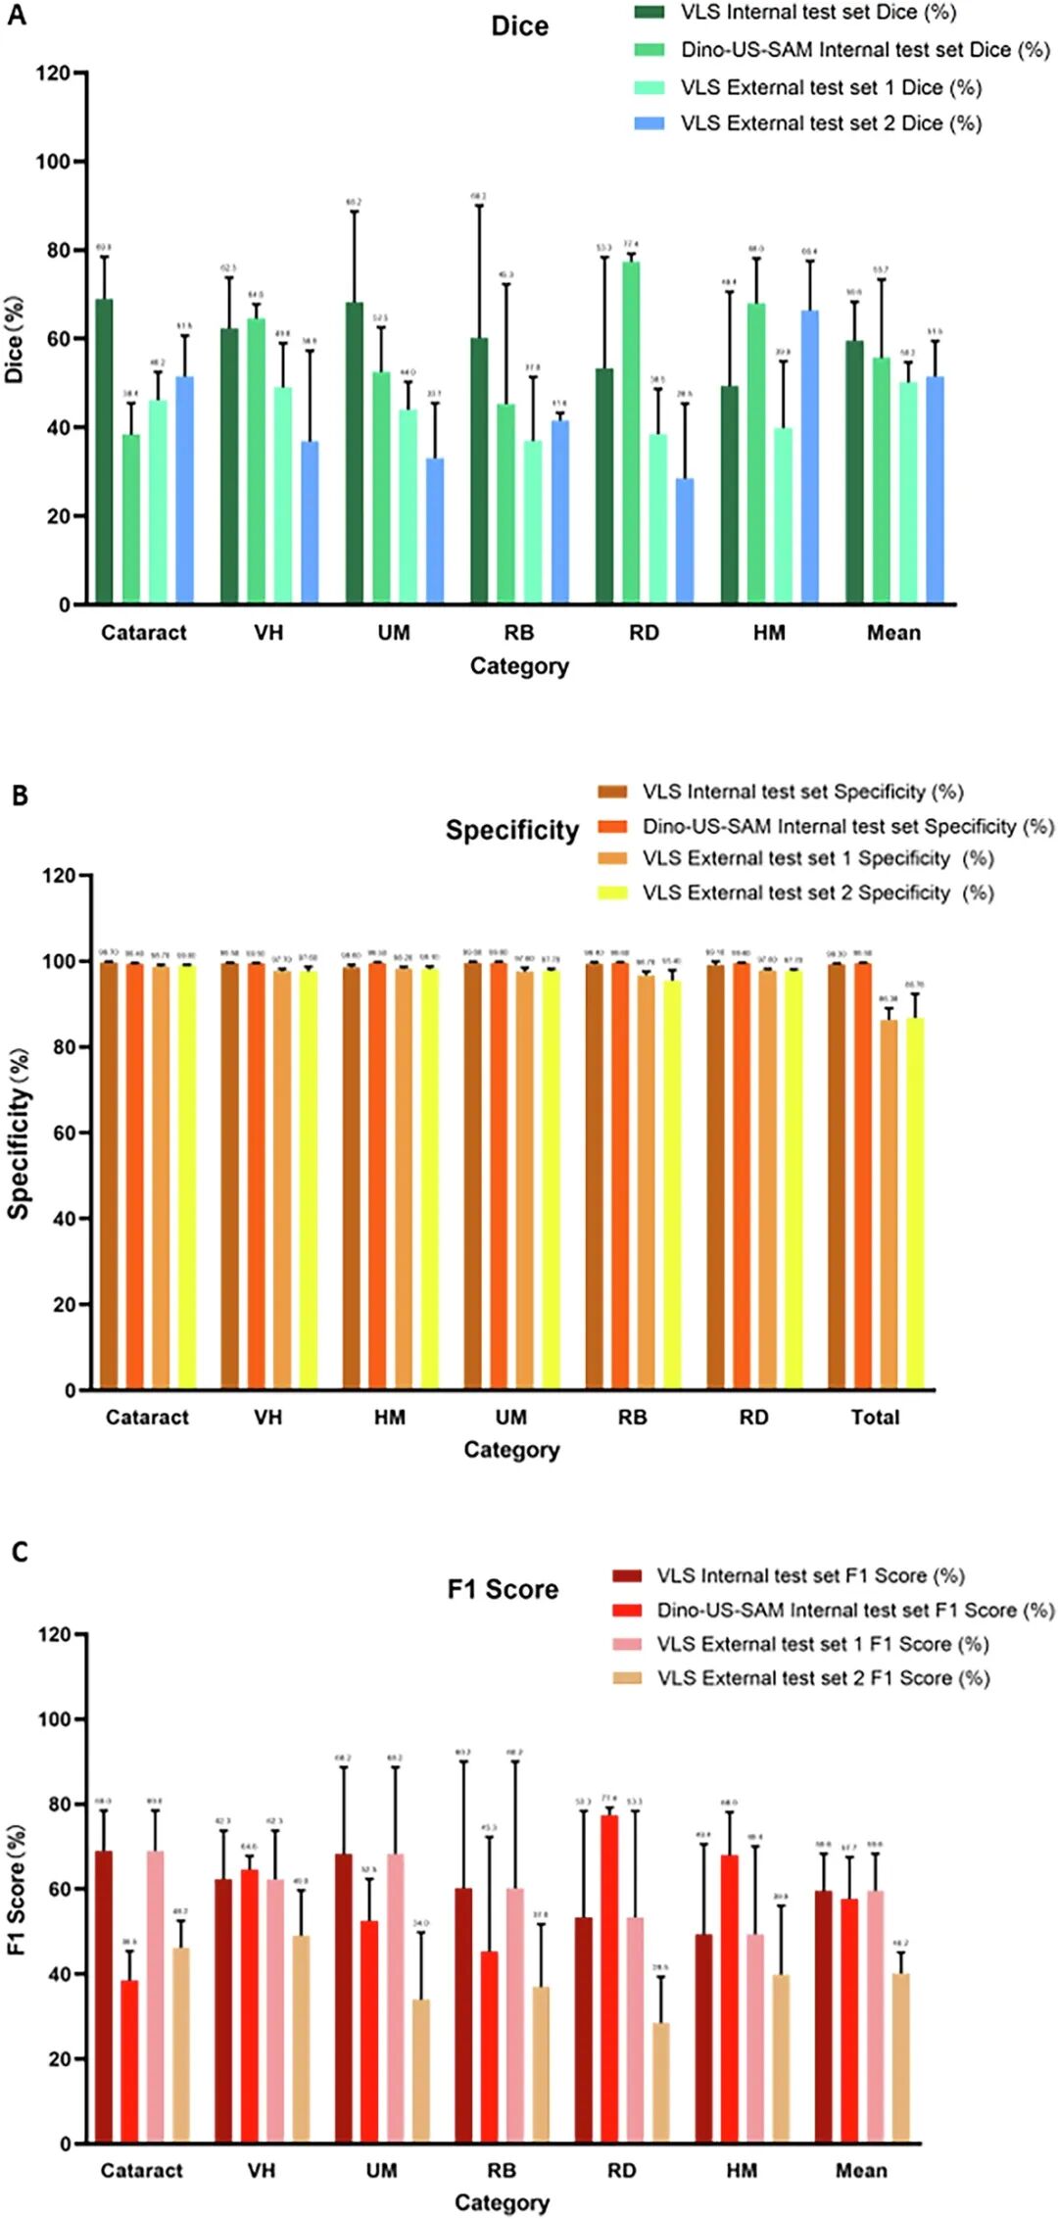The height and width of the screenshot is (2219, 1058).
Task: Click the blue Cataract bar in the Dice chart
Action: coord(184,490)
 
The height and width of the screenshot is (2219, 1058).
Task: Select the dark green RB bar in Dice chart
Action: coord(479,470)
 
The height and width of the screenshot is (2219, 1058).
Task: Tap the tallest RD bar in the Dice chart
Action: coord(631,432)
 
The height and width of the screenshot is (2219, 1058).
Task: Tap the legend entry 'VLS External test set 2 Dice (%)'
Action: coord(831,123)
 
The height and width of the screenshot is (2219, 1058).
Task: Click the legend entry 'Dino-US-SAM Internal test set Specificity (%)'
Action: coord(847,826)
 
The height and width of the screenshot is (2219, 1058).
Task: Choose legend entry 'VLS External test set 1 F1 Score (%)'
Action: coord(822,1644)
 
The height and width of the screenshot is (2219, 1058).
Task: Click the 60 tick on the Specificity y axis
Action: coord(66,1133)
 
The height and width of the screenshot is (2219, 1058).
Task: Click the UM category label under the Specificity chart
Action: coord(510,1417)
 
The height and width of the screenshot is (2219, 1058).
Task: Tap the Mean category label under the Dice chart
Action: coord(893,633)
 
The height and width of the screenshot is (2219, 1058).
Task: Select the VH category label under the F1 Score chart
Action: coord(262,2170)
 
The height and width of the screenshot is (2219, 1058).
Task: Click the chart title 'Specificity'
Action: coord(512,831)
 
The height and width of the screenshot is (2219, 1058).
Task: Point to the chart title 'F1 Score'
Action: coord(503,1589)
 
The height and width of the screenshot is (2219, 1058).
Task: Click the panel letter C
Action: coord(20,1552)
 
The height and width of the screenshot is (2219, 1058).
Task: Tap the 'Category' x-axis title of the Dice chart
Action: coord(519,666)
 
